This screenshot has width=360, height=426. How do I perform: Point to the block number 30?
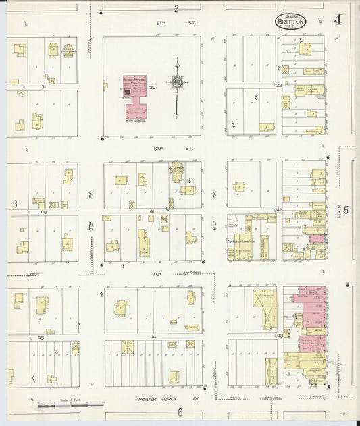[153, 87]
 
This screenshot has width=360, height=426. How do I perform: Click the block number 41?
[153, 211]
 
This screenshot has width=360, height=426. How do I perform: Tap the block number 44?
[153, 336]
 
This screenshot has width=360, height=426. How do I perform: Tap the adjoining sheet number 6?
[180, 412]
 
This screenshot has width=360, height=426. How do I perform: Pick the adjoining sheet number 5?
[346, 210]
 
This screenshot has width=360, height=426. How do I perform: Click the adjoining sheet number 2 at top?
[176, 8]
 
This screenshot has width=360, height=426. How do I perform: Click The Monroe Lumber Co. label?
[240, 242]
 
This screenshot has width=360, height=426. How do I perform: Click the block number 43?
[280, 336]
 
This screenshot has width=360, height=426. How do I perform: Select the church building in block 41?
[177, 172]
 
